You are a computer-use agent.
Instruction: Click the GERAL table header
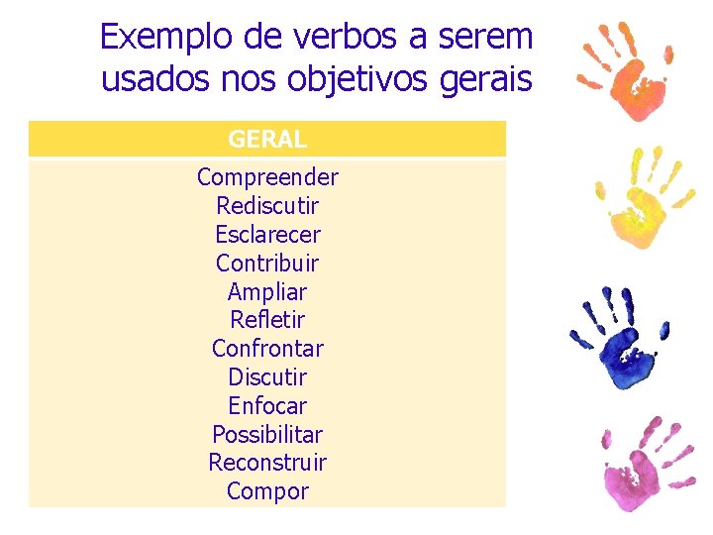(x=267, y=140)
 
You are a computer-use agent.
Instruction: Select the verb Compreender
(x=267, y=177)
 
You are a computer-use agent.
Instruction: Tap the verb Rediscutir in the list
(x=267, y=206)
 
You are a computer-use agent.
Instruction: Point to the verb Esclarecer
(x=267, y=235)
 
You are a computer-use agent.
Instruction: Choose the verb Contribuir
(x=267, y=264)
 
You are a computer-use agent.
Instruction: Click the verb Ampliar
(x=267, y=292)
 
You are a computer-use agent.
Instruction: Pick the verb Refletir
(x=267, y=320)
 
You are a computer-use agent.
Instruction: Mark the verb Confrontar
(x=267, y=349)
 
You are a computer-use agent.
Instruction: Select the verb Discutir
(x=267, y=377)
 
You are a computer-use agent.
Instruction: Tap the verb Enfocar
(x=267, y=406)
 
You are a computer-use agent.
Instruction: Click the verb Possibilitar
(x=267, y=435)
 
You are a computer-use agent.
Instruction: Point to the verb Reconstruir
(x=267, y=463)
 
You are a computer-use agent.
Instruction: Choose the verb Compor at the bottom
(x=267, y=491)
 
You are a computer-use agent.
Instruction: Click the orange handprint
(x=631, y=74)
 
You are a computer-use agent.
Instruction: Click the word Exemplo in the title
(x=164, y=38)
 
